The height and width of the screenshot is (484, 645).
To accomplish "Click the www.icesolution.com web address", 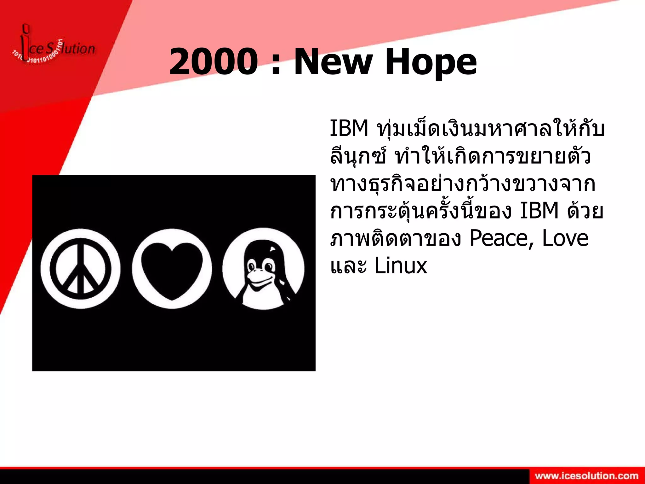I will (586, 476).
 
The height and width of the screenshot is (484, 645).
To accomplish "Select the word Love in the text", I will (565, 238).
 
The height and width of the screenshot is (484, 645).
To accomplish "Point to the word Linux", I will (401, 266).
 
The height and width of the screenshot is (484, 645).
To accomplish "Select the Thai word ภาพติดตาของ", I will (396, 239).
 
